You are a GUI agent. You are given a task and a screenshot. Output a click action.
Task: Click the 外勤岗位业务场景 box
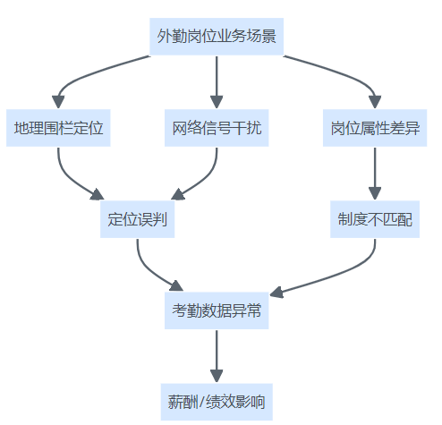(217, 37)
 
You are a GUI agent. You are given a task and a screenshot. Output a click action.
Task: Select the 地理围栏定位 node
(58, 128)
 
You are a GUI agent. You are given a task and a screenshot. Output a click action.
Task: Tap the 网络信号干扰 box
(217, 128)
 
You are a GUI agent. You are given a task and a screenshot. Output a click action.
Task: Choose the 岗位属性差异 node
(375, 128)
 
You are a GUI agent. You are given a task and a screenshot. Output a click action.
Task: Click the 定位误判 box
(137, 219)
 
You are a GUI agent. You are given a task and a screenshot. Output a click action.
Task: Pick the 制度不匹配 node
(375, 219)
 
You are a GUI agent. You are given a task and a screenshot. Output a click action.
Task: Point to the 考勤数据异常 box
(217, 310)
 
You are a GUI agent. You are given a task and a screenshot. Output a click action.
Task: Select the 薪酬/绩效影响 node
(217, 402)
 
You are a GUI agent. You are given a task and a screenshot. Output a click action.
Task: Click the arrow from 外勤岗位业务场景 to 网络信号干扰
(217, 82)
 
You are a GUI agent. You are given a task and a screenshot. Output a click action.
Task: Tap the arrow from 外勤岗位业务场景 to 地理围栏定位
(87, 74)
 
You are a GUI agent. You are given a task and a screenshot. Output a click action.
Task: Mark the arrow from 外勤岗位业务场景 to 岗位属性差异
(347, 74)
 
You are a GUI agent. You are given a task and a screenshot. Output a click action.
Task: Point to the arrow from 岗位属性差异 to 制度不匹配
(375, 174)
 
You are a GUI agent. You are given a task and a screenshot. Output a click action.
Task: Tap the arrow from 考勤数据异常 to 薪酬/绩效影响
(217, 356)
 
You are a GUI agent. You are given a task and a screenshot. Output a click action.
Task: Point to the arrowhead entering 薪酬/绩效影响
(217, 376)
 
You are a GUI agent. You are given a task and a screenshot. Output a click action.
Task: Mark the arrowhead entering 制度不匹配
(375, 193)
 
